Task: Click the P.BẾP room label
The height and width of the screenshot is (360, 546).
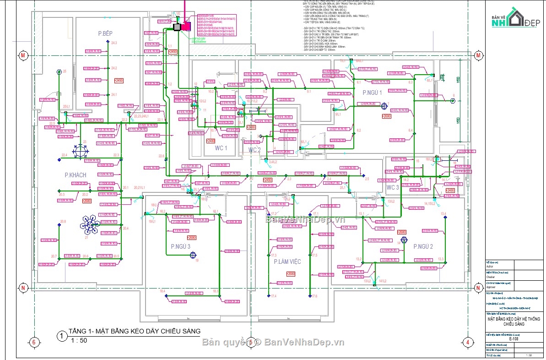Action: (105, 33)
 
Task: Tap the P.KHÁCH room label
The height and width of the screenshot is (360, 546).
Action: (76, 175)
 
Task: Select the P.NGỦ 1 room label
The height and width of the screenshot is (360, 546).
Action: (372, 93)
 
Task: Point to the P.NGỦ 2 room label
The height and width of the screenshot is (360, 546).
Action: (423, 246)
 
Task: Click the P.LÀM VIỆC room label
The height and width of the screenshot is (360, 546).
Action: (287, 262)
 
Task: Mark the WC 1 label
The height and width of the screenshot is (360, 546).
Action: (221, 148)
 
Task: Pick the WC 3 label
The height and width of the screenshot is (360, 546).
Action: (393, 188)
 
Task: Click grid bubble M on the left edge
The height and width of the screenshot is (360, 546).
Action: (22, 55)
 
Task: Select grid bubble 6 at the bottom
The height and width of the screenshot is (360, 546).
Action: (33, 342)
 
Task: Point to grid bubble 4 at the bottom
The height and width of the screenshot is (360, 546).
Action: (467, 342)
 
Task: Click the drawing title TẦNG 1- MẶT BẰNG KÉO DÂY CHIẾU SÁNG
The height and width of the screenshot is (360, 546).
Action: (134, 332)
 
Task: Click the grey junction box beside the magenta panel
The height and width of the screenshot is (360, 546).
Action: (177, 27)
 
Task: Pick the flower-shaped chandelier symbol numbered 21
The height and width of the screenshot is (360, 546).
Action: (90, 222)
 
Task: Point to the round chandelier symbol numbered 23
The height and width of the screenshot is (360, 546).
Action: (81, 150)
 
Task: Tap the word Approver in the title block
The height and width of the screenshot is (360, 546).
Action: (492, 290)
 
